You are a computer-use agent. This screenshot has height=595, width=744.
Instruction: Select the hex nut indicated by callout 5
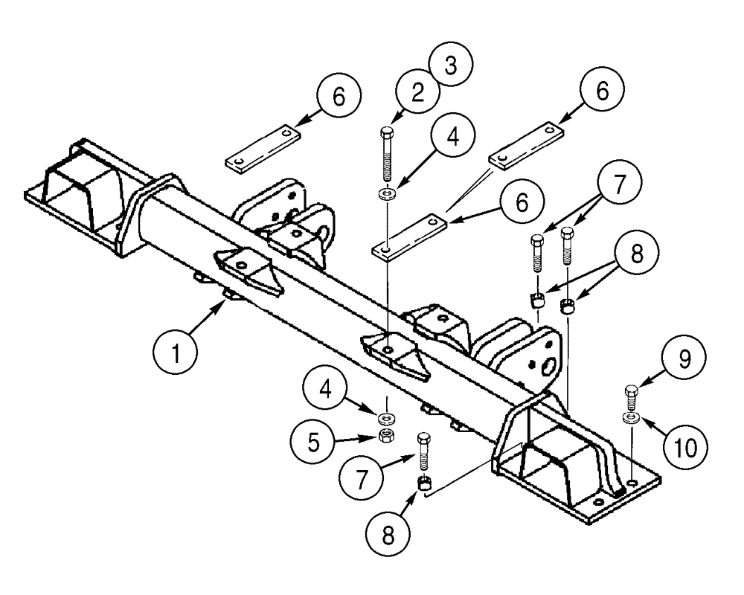click(386, 436)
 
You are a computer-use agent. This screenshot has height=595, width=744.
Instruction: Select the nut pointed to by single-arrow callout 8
click(423, 484)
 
